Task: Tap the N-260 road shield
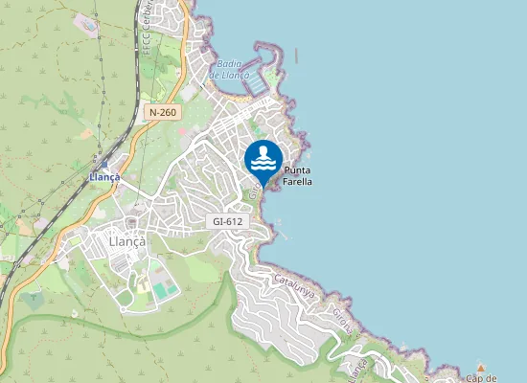(x=163, y=113)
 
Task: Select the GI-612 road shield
(x=227, y=221)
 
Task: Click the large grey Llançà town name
(x=127, y=242)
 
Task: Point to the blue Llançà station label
(x=104, y=177)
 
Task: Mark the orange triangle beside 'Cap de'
(x=480, y=367)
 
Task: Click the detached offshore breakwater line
(x=296, y=55)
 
